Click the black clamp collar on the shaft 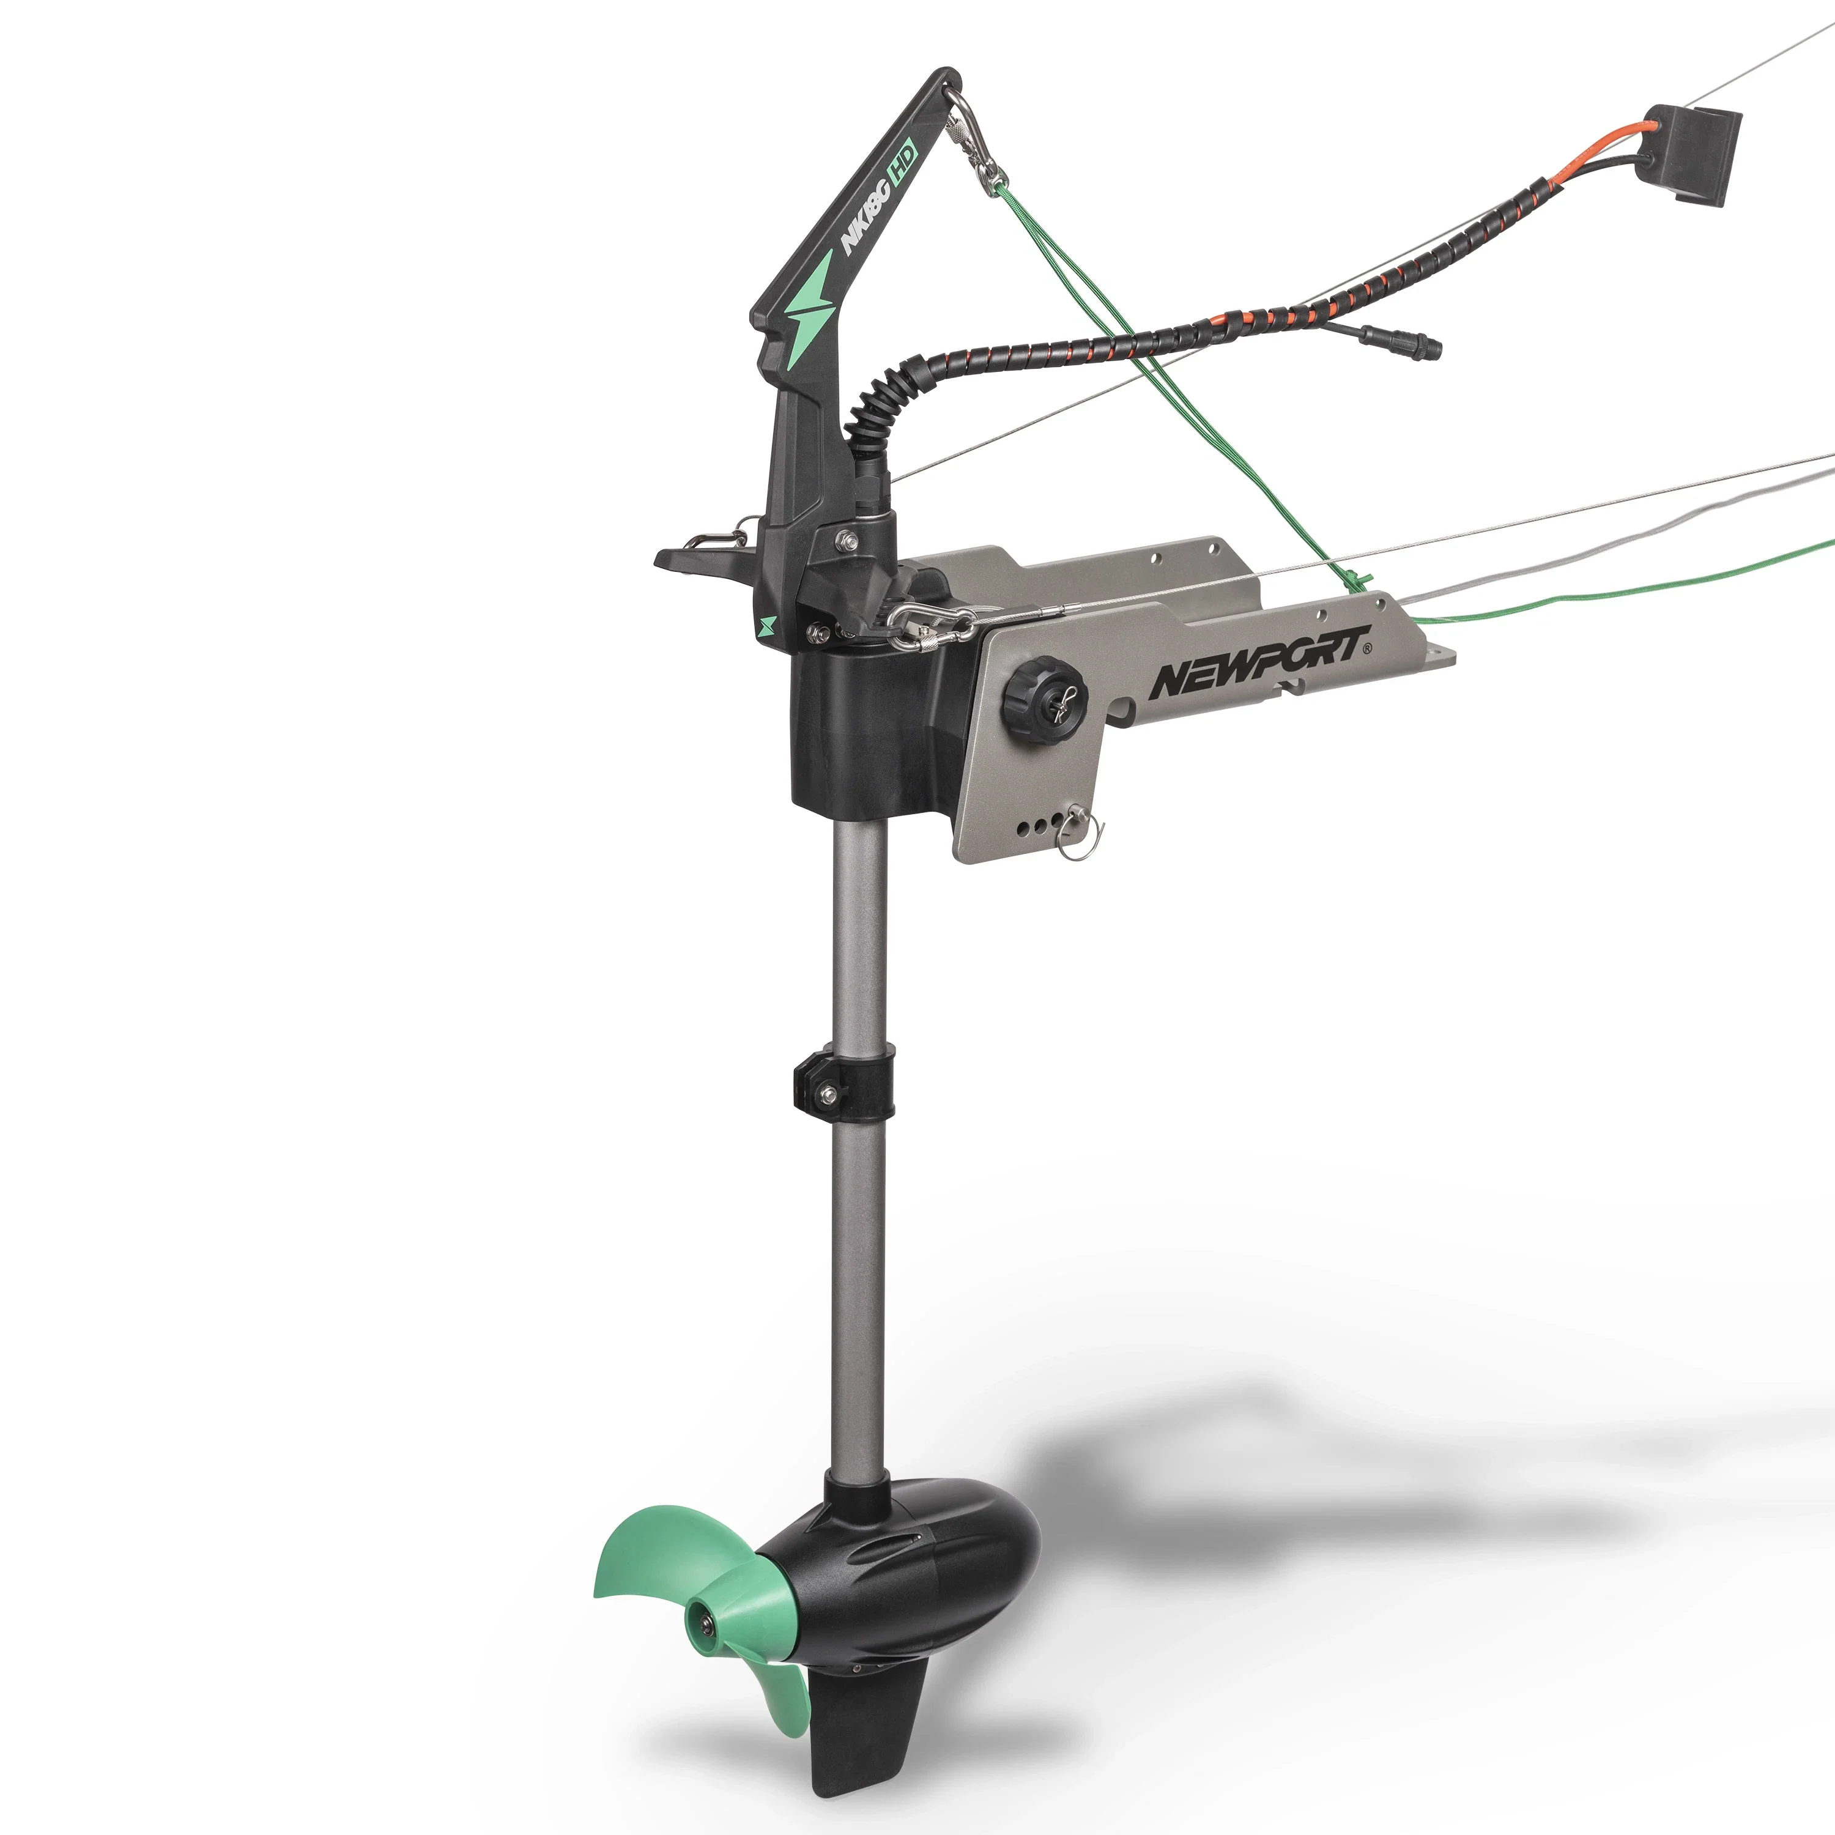coord(844,1082)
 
